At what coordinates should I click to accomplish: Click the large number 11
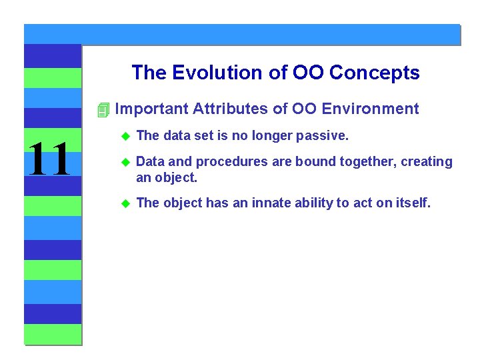[50, 161]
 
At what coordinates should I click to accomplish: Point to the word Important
[151, 109]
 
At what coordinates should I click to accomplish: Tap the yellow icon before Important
[102, 109]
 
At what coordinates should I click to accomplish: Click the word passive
[325, 136]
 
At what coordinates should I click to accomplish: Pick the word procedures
[219, 162]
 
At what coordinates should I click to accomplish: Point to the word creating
[427, 162]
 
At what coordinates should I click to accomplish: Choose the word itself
[412, 203]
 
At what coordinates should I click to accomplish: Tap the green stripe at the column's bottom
[53, 334]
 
